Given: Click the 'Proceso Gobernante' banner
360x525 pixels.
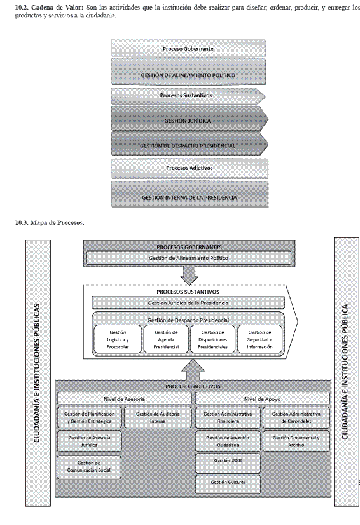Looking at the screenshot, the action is (188, 48).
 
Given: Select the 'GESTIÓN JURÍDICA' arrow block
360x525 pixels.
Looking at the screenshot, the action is (190, 119).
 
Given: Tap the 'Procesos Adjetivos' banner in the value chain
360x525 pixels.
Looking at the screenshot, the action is (190, 168).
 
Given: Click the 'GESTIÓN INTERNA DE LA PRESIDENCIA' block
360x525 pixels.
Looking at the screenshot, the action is (190, 194).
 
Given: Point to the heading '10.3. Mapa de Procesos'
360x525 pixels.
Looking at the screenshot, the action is (50, 222).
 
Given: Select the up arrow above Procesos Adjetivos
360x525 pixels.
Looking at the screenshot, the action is (193, 370).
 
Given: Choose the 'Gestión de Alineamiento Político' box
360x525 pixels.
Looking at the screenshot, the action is (189, 258).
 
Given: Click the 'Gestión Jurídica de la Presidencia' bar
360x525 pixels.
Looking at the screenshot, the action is (188, 303).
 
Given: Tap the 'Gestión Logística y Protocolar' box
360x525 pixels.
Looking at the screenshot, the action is (118, 339).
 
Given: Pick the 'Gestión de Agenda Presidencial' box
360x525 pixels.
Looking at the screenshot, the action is (166, 339).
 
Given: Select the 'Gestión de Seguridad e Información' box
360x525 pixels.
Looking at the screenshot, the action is (260, 339).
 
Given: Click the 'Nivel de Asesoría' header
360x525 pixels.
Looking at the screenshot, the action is (125, 399).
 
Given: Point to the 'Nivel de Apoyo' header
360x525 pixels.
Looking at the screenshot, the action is (262, 399).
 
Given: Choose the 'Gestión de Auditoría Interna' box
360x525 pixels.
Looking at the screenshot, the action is (158, 418).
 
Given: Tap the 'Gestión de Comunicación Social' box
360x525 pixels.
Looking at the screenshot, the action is (89, 467).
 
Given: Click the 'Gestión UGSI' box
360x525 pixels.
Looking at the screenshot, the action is (228, 463).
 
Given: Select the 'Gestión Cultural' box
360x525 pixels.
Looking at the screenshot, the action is (228, 484).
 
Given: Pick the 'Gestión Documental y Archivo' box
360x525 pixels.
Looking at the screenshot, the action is (296, 441).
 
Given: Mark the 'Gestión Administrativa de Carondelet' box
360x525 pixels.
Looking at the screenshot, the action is (296, 418).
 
